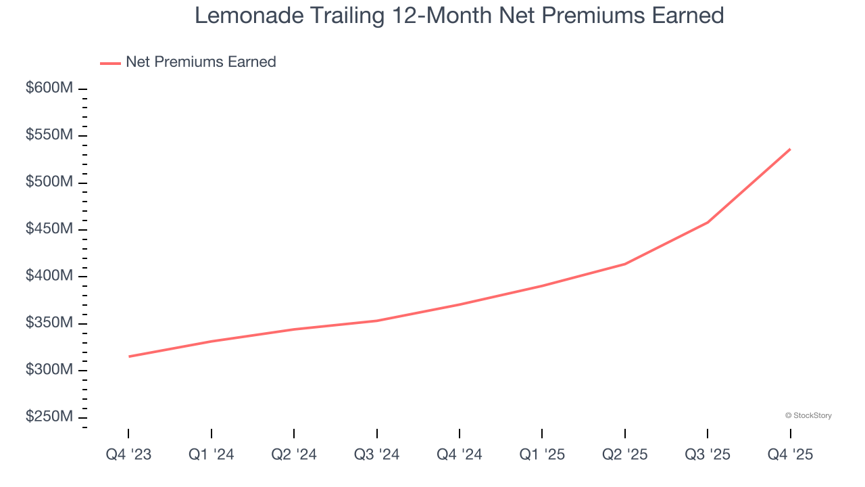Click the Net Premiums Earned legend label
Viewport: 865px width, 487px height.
click(201, 62)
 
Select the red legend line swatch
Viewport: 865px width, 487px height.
click(110, 63)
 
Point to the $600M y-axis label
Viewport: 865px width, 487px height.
click(49, 89)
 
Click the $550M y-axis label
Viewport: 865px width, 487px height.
click(49, 135)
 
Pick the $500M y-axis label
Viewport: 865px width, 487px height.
click(49, 183)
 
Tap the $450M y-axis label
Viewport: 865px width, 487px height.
click(49, 229)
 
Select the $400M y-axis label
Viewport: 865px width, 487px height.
click(49, 276)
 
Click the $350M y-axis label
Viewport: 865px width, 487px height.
click(49, 323)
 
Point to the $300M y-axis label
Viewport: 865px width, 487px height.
click(49, 370)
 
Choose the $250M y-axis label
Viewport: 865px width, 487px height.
click(49, 417)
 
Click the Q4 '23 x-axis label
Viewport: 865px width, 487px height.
click(128, 455)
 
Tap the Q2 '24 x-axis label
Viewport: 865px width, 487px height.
click(294, 455)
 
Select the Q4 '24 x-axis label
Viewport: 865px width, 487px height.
click(460, 455)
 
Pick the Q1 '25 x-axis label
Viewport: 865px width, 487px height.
click(542, 455)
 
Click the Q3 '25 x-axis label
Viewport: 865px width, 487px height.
click(708, 455)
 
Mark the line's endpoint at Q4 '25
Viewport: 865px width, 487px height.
click(790, 149)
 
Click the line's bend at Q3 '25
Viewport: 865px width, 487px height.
click(708, 222)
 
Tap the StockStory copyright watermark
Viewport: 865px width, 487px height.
click(808, 415)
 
